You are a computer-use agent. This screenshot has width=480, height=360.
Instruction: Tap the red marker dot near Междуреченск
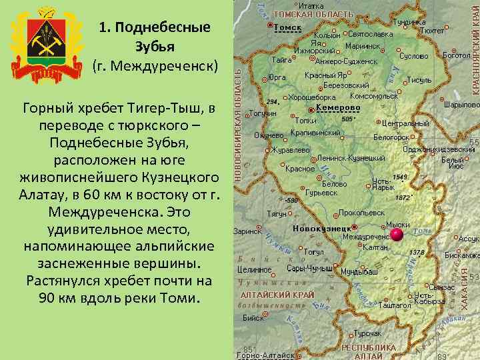397,235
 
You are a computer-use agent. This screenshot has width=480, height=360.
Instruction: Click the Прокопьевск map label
361,213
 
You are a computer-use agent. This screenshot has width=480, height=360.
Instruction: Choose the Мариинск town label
363,46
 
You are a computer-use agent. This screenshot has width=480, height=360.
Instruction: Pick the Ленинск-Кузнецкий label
351,158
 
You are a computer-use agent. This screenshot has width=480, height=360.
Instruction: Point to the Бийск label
253,319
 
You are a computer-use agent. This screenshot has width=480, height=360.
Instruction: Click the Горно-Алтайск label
266,355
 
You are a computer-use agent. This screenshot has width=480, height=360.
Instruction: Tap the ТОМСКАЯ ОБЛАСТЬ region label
314,14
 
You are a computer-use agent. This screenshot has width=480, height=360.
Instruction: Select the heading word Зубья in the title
154,47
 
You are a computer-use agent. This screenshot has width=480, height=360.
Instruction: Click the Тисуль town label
419,80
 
